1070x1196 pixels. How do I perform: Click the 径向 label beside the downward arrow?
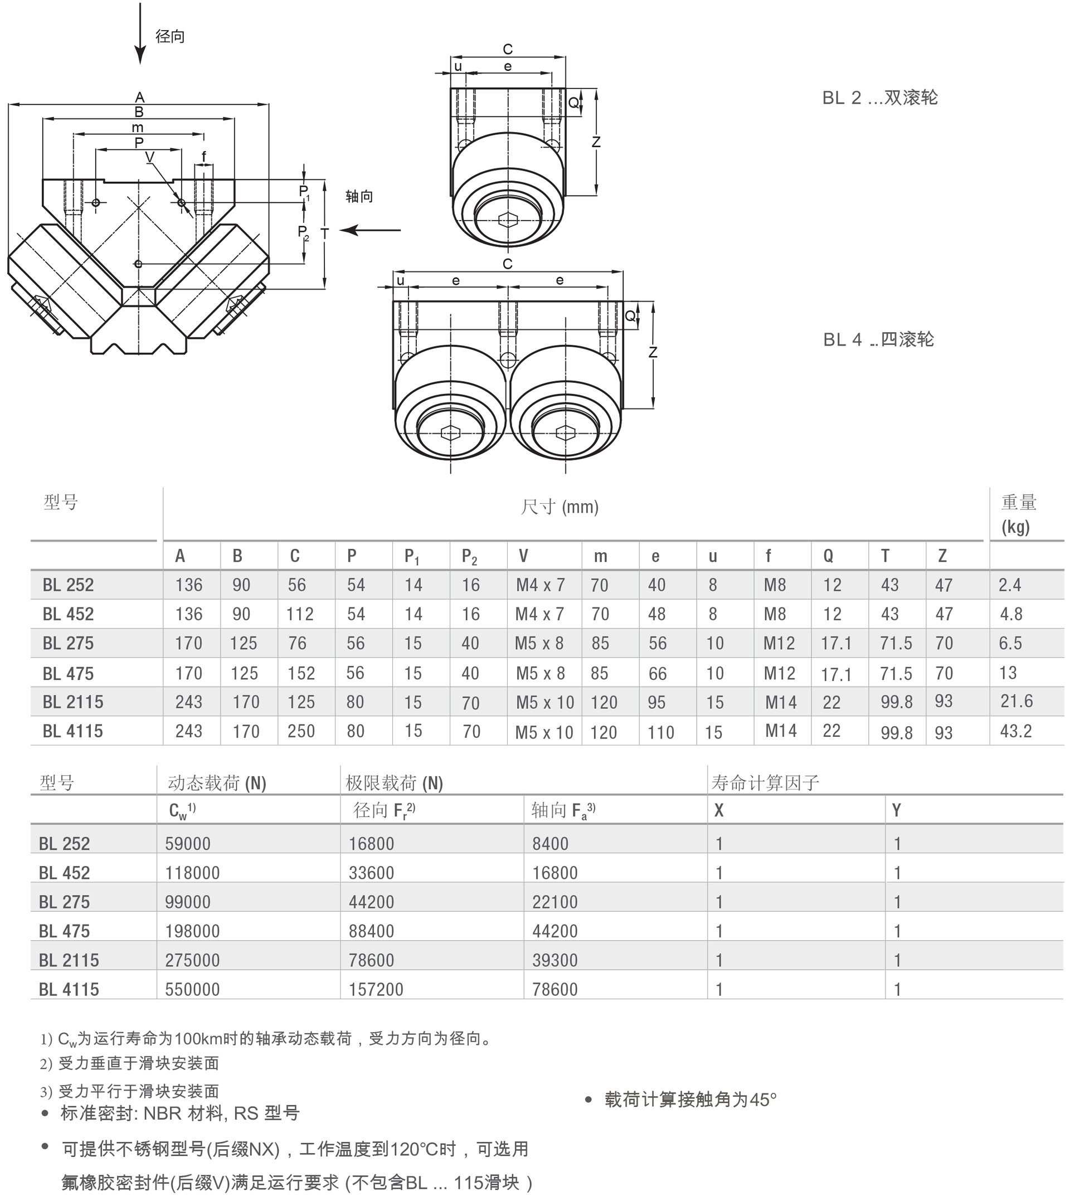(x=170, y=36)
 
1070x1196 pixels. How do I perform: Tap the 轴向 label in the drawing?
(x=359, y=196)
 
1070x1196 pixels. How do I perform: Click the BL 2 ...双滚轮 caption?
(x=879, y=98)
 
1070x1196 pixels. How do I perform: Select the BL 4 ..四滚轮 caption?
(x=878, y=339)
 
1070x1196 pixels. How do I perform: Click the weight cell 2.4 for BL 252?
(x=1009, y=585)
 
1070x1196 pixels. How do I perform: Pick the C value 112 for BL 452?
(x=300, y=614)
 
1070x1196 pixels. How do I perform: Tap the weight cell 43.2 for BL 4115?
(x=1016, y=731)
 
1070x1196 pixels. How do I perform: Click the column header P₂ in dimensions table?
(x=469, y=556)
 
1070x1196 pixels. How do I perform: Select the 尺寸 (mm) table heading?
(x=559, y=506)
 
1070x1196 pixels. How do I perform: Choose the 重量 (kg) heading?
(x=1018, y=513)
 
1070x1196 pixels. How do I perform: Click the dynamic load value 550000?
(x=192, y=989)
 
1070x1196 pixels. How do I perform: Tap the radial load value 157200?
(x=376, y=989)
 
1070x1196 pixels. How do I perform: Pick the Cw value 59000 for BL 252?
(x=188, y=843)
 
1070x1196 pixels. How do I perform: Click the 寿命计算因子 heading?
(x=765, y=782)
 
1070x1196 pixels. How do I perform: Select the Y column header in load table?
(x=896, y=810)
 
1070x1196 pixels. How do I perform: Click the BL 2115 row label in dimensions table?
(x=72, y=702)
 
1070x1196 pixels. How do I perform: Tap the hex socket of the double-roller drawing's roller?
(x=507, y=220)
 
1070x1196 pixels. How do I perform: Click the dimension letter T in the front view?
(x=324, y=233)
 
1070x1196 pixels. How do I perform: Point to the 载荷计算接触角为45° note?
(x=690, y=1100)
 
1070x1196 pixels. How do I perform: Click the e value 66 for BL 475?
(x=657, y=673)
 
